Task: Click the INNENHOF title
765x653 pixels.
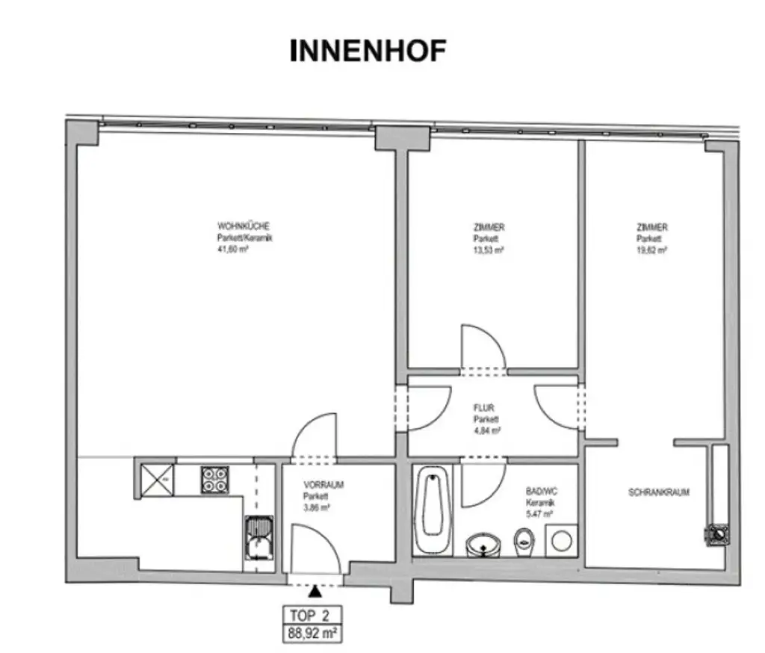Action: (x=368, y=50)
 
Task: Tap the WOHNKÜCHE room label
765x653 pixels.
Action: (x=238, y=226)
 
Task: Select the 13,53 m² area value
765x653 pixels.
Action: (x=489, y=251)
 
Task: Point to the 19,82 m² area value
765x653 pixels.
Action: (x=651, y=251)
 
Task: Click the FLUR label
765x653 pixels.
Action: (x=484, y=409)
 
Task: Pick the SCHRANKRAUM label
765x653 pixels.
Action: (x=658, y=492)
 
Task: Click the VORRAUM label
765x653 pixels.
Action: (x=323, y=484)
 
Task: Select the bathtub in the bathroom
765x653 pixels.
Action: (x=433, y=510)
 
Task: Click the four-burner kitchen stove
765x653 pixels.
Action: (x=214, y=479)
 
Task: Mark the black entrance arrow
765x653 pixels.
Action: (x=316, y=591)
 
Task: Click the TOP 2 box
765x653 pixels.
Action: (x=312, y=616)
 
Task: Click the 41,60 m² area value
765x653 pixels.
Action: (x=232, y=251)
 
